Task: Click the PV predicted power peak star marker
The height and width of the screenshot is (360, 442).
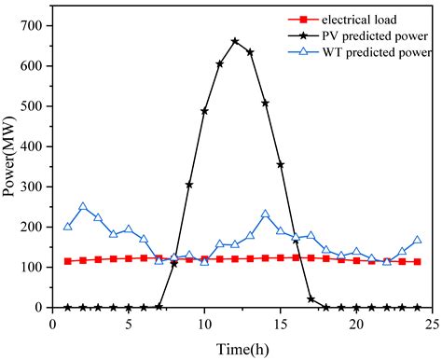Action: [234, 42]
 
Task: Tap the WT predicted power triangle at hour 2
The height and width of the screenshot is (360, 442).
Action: [83, 207]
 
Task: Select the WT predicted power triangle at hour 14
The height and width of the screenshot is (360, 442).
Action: [265, 215]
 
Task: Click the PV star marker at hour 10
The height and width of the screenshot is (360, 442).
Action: [204, 111]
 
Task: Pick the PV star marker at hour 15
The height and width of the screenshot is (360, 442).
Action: [280, 165]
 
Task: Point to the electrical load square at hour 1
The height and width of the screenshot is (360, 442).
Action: [68, 261]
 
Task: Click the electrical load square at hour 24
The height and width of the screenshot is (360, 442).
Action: [417, 262]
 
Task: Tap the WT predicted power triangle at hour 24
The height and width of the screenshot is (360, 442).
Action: [417, 240]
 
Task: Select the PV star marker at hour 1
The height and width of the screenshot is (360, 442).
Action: [68, 307]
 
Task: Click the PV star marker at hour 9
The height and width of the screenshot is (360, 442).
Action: [189, 185]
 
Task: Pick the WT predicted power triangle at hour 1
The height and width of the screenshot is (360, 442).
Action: [68, 227]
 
